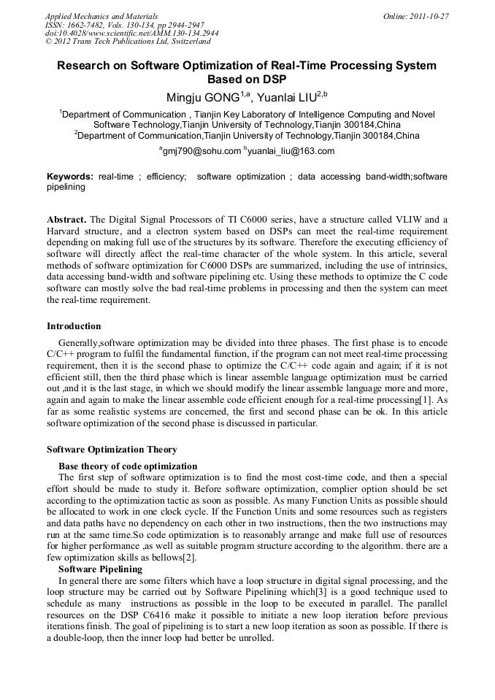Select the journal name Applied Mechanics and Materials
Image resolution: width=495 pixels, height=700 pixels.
coord(101,16)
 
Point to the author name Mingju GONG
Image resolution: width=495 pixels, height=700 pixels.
coord(205,98)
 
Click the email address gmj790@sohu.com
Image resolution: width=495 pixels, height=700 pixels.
coord(202,151)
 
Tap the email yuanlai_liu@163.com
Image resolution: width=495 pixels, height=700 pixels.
coord(291,151)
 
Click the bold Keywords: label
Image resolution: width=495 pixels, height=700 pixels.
coord(70,177)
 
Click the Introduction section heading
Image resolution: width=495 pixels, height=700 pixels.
coord(74,326)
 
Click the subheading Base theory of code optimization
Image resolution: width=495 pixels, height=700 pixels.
coord(128,466)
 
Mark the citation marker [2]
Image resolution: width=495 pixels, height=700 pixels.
coord(189,558)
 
